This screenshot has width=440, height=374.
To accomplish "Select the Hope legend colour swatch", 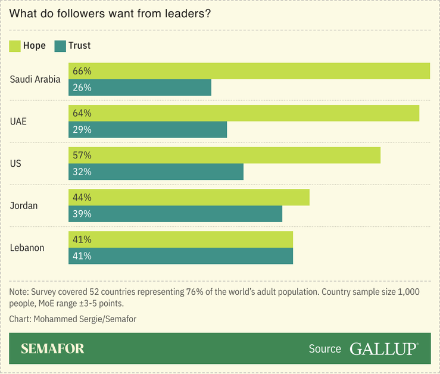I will click(x=15, y=46).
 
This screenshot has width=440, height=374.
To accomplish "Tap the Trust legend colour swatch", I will click(x=60, y=46).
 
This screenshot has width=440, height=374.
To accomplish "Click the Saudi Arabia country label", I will click(x=35, y=79).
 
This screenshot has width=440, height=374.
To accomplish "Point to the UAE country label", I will click(x=18, y=121).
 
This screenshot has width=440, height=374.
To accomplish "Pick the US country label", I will click(x=15, y=163).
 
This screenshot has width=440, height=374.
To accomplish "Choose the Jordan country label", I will click(x=24, y=205).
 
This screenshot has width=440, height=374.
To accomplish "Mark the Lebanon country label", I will click(x=27, y=248).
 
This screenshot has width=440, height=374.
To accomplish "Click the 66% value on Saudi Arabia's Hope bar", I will click(x=82, y=71).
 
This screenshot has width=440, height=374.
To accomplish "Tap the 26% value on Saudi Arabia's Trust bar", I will click(x=82, y=88).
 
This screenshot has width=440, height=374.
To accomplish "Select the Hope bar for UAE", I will click(x=244, y=113).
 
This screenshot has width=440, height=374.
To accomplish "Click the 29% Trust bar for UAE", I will click(x=148, y=130).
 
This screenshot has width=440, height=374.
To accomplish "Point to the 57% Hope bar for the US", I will click(x=224, y=155).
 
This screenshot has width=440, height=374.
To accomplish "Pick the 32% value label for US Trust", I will click(x=82, y=172).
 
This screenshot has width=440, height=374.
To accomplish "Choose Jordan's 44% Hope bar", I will click(x=189, y=198).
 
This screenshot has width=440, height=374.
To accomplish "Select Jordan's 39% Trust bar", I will click(x=175, y=214).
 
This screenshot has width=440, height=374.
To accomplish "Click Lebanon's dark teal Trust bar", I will click(x=180, y=256).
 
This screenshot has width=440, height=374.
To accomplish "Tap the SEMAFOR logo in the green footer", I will click(x=52, y=349).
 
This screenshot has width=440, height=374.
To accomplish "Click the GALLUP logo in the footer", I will click(x=383, y=349).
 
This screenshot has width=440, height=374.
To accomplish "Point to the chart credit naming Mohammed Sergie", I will click(x=73, y=319).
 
